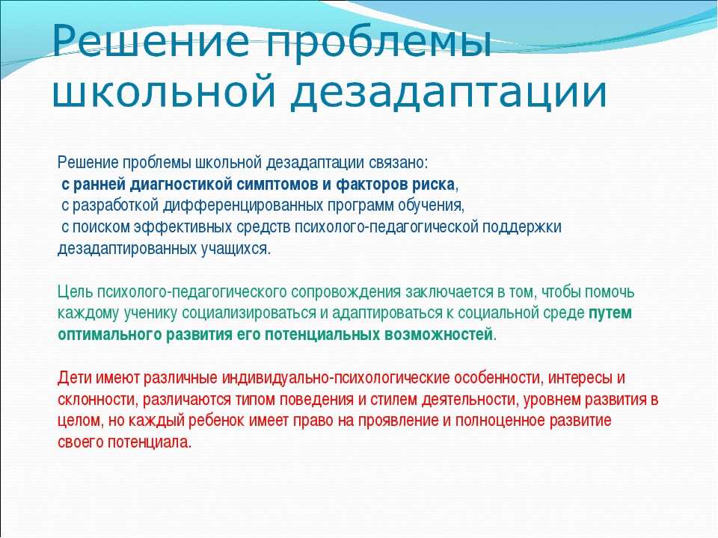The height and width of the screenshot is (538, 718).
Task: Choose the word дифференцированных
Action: [x=242, y=206]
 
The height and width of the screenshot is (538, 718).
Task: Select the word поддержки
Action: [x=522, y=227]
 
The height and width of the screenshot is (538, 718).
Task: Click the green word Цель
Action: [x=75, y=292]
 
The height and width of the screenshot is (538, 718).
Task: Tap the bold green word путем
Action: [x=610, y=313]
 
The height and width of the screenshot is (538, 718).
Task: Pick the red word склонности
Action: [x=97, y=400]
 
